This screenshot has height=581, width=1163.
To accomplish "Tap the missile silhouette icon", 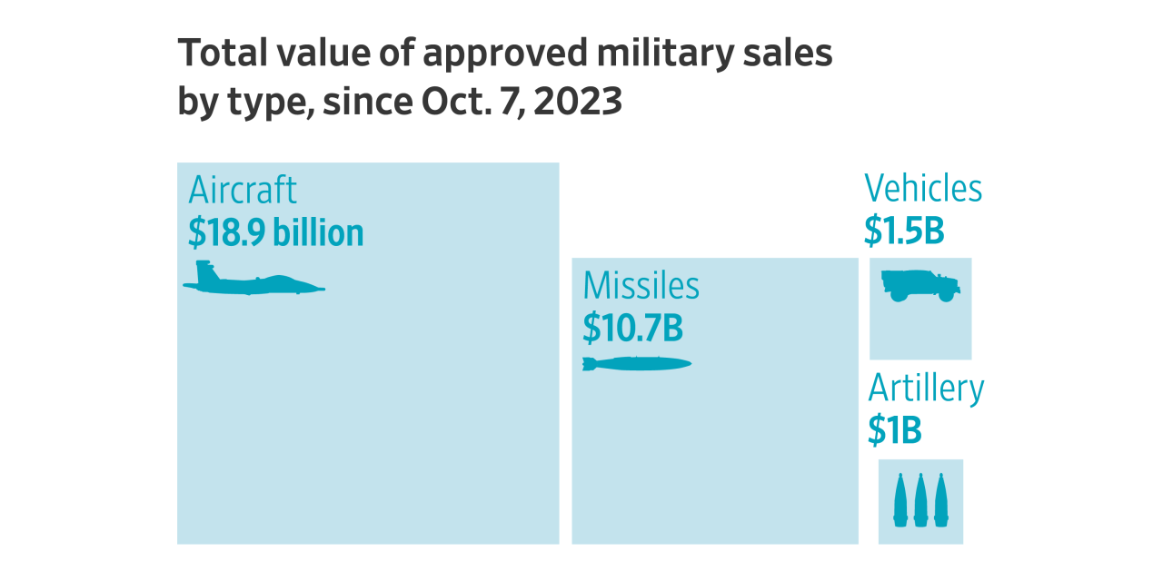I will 636,364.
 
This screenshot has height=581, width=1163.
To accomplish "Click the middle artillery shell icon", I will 920,499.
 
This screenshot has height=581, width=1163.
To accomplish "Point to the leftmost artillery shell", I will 900,499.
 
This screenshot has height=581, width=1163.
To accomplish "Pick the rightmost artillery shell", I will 941,499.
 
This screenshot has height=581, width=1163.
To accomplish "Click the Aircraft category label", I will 243,192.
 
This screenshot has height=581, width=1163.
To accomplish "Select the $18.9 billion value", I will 275,233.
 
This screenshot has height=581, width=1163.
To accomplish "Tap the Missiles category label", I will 641,286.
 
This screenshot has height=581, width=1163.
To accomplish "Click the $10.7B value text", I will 632,328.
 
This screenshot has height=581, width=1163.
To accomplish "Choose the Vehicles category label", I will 923,189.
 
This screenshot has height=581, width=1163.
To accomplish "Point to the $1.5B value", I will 904,231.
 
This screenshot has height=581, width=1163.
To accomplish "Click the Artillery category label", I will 926,389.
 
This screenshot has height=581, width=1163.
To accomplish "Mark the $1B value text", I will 894,430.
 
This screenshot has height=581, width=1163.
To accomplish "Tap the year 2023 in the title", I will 578,102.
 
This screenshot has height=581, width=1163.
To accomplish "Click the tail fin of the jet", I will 204,269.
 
